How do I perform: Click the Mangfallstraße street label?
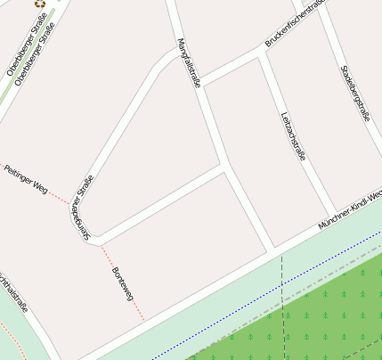point(188,62)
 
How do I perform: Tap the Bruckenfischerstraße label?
point(296,24)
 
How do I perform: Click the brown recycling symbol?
point(41,4)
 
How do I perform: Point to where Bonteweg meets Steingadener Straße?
point(99,241)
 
